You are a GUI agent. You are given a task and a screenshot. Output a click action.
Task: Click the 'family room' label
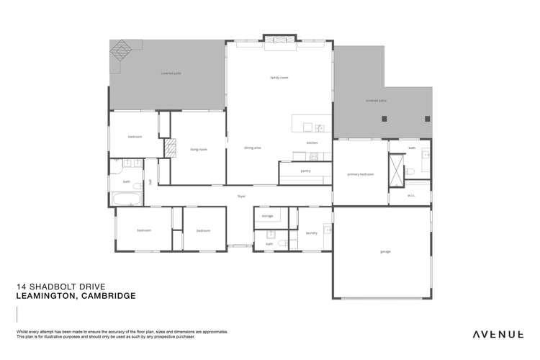pyautogui.click(x=279, y=77)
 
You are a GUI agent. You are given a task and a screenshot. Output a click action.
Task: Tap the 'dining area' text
pyautogui.click(x=252, y=148)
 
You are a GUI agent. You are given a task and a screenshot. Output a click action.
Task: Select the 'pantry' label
pyautogui.click(x=305, y=171)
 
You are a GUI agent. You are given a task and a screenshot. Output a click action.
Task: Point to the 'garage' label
pyautogui.click(x=385, y=252)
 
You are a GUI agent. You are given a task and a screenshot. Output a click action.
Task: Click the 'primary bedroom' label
pyautogui.click(x=360, y=174)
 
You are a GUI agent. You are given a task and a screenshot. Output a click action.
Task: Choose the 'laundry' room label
pyautogui.click(x=311, y=233)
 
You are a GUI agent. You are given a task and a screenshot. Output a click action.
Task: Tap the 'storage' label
pyautogui.click(x=267, y=216)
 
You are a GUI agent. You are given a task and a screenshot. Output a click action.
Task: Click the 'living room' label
pyautogui.click(x=199, y=150)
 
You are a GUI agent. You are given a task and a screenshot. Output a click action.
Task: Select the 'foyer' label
pyautogui.click(x=242, y=196)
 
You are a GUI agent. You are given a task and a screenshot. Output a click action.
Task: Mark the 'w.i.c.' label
pyautogui.click(x=411, y=194)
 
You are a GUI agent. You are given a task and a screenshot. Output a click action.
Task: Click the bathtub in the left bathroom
pyautogui.click(x=128, y=199)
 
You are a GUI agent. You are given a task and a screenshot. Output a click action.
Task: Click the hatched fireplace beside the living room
pyautogui.click(x=171, y=148)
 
